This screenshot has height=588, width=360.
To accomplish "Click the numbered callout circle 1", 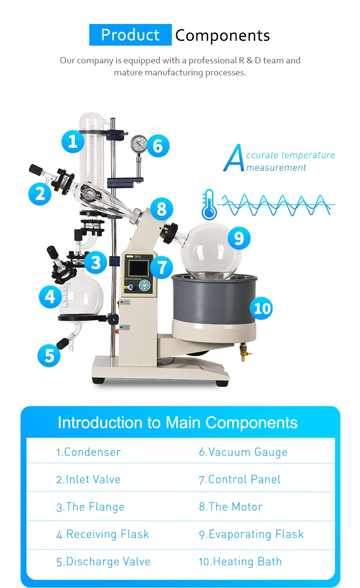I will coord(73,141).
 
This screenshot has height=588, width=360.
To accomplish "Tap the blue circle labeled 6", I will coord(158,145).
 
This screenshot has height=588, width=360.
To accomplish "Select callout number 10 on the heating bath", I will coord(262,308).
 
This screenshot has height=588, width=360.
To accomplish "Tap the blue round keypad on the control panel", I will coord(144,286).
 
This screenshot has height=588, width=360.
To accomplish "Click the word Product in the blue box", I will coord(130,35).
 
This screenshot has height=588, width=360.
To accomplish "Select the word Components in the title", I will coord(222,36).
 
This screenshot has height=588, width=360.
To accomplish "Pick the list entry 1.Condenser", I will coord(88,452).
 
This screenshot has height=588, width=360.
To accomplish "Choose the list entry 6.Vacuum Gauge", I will coord(243,452).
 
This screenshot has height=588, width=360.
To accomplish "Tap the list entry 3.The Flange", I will coord(90,507).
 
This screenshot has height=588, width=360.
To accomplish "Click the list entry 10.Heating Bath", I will coord(240,562).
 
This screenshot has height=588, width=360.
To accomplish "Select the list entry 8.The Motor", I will coord(230,507).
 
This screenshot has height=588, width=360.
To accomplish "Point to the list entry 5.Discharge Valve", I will coord(103,562).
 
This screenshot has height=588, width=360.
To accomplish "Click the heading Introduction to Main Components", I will coord(178,423).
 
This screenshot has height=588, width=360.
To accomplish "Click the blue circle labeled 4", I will coord(50,297).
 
